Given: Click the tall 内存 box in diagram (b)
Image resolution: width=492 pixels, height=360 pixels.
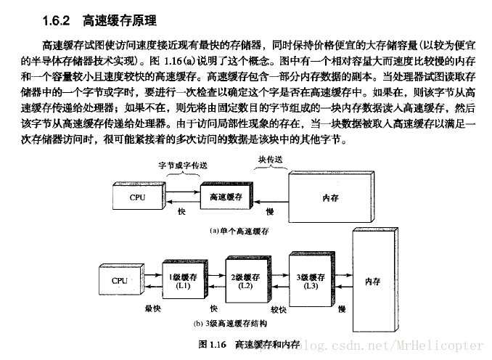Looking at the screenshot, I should click(372, 281).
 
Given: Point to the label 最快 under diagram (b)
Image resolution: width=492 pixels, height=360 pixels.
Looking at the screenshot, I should click(152, 309).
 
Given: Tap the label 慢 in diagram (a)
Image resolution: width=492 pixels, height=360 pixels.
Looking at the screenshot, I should click(269, 210).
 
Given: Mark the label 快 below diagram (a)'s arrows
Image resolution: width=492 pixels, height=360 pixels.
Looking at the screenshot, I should click(181, 211).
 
